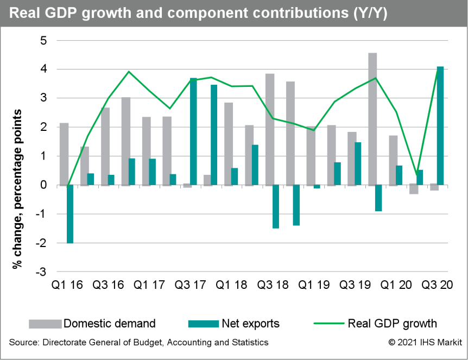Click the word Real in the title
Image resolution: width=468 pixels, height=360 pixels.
click(x=25, y=14)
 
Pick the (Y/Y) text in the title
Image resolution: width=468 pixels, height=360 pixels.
click(x=369, y=14)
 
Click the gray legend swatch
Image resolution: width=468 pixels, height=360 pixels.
click(x=45, y=324)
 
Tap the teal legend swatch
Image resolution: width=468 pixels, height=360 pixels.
click(x=204, y=324)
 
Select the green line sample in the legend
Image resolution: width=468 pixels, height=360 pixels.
click(x=329, y=324)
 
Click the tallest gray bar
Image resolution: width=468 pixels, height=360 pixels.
click(x=372, y=119)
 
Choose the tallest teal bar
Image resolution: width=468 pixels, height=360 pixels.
click(x=440, y=125)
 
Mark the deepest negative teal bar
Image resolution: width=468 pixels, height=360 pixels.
click(x=70, y=214)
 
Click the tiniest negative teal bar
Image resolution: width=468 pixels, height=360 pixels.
click(x=317, y=187)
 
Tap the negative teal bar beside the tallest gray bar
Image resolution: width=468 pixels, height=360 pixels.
click(x=378, y=198)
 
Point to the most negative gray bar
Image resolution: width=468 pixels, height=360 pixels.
click(x=414, y=190)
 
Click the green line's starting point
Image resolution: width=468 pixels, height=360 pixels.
click(x=67, y=186)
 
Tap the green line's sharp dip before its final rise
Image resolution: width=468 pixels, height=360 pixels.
click(x=417, y=174)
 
